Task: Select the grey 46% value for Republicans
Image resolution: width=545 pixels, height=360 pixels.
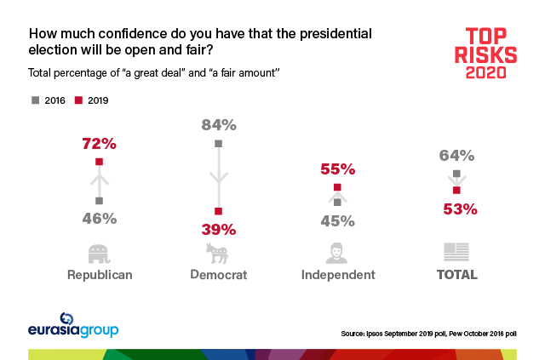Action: pyautogui.click(x=99, y=218)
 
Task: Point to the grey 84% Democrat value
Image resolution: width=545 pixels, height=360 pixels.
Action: pyautogui.click(x=219, y=124)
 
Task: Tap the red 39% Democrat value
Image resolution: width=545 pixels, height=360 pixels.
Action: pyautogui.click(x=219, y=229)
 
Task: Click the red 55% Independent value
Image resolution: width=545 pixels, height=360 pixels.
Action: pyautogui.click(x=337, y=169)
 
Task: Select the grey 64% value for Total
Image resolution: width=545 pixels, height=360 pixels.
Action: pyautogui.click(x=457, y=155)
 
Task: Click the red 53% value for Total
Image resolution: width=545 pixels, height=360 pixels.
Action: pyautogui.click(x=457, y=209)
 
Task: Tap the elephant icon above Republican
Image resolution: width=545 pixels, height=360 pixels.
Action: pyautogui.click(x=100, y=253)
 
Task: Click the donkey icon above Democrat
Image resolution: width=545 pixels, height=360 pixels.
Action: pyautogui.click(x=218, y=253)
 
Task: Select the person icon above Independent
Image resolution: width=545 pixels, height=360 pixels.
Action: pyautogui.click(x=337, y=253)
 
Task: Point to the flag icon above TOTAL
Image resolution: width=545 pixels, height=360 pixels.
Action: pyautogui.click(x=456, y=253)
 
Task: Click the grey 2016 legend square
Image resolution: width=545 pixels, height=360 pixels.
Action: pyautogui.click(x=36, y=100)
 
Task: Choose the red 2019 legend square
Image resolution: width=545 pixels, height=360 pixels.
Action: pyautogui.click(x=77, y=100)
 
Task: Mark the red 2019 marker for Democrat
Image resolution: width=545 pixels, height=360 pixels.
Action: pyautogui.click(x=219, y=211)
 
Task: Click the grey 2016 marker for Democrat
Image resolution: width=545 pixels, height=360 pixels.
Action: pyautogui.click(x=219, y=143)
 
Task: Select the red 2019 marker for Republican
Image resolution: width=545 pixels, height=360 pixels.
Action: pyautogui.click(x=99, y=161)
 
